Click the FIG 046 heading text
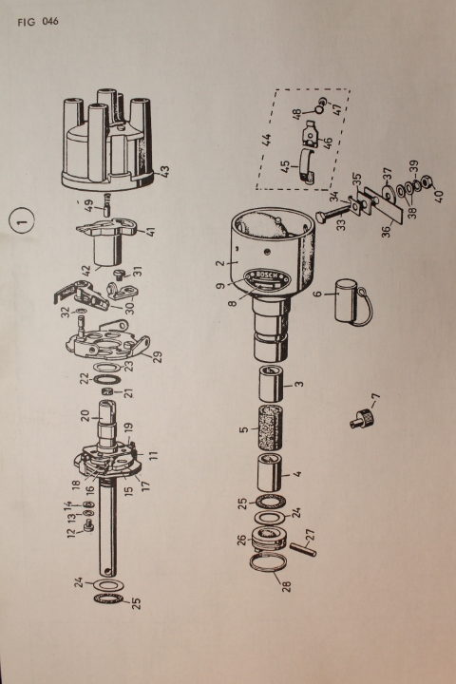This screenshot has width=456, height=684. click(38, 21)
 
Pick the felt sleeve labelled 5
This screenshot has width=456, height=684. click(270, 427)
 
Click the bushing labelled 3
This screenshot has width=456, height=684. click(270, 384)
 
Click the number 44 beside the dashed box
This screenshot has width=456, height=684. click(267, 140)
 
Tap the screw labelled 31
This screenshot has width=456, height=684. click(119, 275)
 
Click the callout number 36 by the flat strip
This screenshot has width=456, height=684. click(387, 231)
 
